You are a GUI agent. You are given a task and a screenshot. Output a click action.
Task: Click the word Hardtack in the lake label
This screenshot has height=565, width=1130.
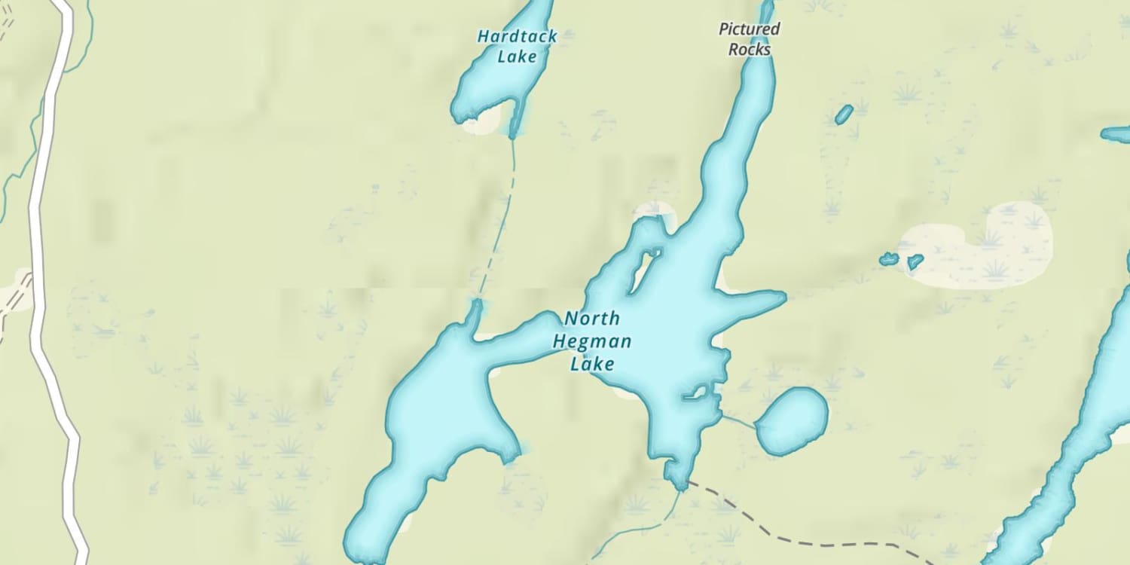click(517, 36)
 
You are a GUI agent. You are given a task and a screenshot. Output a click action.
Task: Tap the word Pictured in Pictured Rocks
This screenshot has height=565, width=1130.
click(749, 29)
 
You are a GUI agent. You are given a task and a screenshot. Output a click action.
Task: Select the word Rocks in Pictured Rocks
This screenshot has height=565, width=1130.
click(750, 50)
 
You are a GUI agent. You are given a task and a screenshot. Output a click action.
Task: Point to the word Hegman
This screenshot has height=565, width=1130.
click(592, 342)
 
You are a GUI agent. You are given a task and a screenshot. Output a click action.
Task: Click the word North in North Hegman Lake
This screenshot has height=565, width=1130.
click(592, 318)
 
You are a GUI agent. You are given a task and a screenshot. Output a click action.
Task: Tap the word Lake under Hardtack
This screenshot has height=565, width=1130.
click(517, 56)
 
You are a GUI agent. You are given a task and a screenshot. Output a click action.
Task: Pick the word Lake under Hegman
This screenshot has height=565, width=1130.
click(592, 365)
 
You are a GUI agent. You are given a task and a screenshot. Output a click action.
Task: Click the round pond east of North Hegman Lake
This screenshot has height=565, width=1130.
click(792, 421)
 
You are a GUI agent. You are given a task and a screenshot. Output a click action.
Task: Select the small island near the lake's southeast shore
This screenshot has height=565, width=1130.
click(696, 392)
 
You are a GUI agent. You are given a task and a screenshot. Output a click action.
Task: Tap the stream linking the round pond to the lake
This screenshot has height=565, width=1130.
click(738, 421)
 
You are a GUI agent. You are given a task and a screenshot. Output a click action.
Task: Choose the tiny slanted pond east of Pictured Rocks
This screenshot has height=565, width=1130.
click(844, 115)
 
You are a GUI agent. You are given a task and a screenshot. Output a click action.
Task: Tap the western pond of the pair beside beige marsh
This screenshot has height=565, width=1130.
click(889, 259)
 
